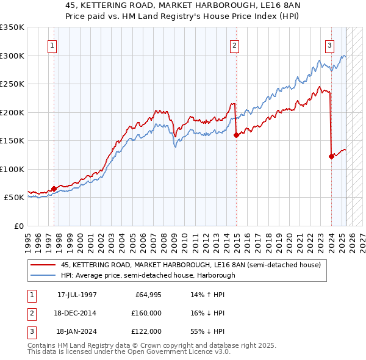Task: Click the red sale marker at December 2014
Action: point(236,135)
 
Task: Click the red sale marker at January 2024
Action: point(331,157)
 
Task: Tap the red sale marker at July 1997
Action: point(54,189)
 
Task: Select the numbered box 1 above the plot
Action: point(52,45)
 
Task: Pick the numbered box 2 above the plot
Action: point(234,45)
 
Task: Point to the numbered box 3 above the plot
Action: point(329,45)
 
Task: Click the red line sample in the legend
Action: point(44,265)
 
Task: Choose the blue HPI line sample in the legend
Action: point(44,275)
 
